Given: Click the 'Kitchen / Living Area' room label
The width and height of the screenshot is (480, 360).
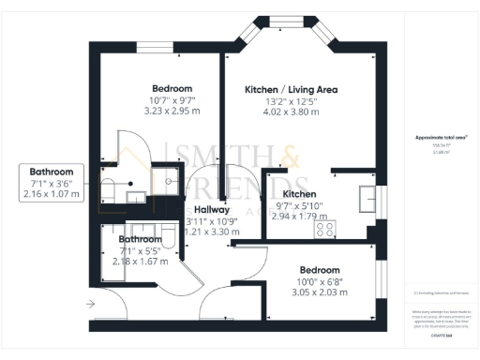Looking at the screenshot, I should click(x=291, y=90).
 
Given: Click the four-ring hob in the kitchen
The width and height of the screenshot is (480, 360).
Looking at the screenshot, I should click(x=326, y=228).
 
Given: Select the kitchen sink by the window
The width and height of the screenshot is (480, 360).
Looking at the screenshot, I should click(x=366, y=199).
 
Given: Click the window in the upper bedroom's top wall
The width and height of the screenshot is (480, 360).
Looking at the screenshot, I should click(x=150, y=46).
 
